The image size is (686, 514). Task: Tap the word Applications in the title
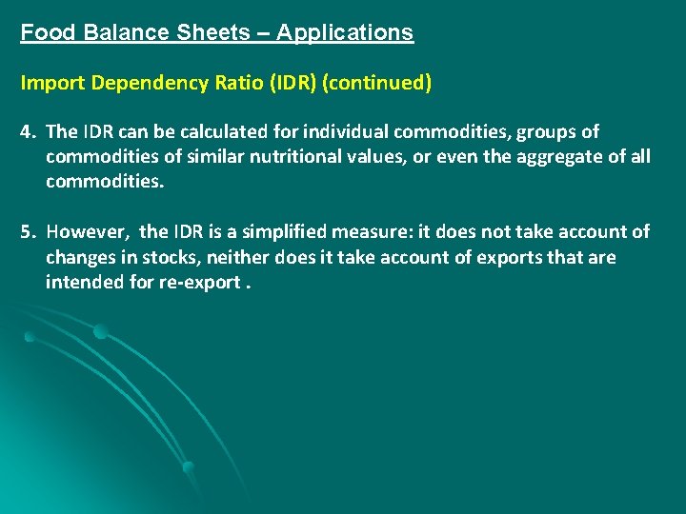345,32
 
